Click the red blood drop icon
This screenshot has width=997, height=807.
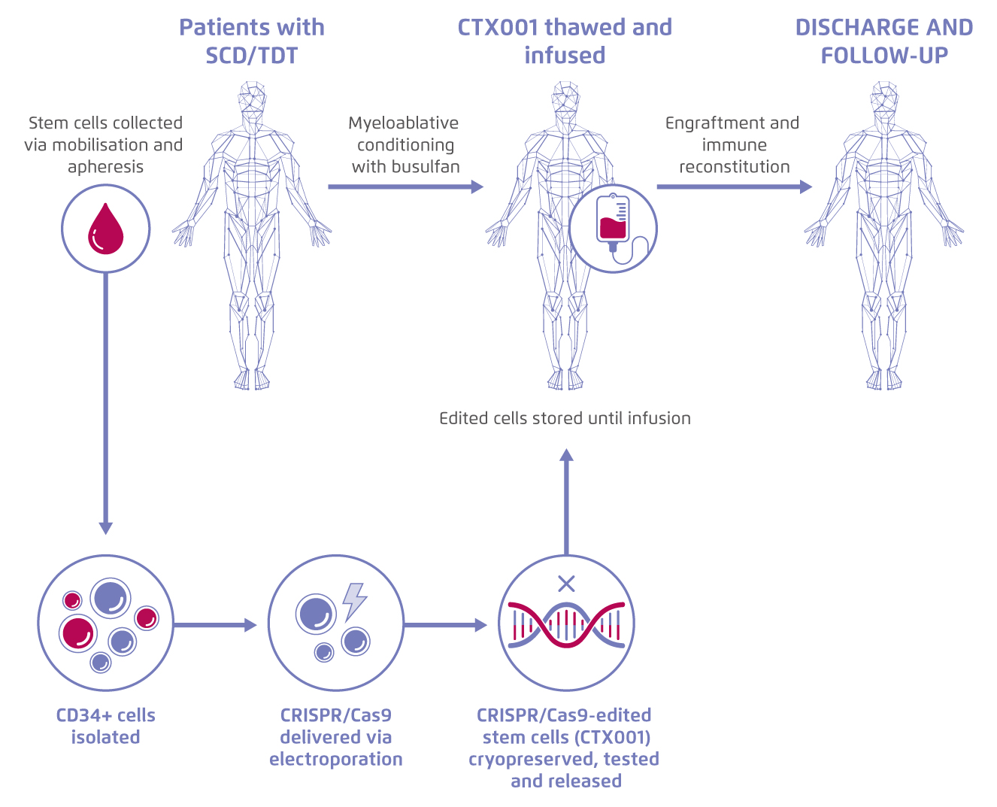pyautogui.click(x=106, y=229)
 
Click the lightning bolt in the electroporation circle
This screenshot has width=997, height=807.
pyautogui.click(x=355, y=602)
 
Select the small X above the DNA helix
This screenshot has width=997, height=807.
pyautogui.click(x=566, y=584)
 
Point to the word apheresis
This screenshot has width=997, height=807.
pyautogui.click(x=106, y=167)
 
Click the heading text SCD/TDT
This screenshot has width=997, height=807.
pyautogui.click(x=252, y=56)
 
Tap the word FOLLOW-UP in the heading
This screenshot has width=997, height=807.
pyautogui.click(x=885, y=56)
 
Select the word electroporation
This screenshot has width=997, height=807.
pyautogui.click(x=335, y=760)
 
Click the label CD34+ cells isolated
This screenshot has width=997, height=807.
pyautogui.click(x=106, y=726)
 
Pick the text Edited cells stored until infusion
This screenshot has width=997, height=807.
pyautogui.click(x=565, y=418)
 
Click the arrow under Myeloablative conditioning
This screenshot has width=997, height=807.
pyautogui.click(x=405, y=187)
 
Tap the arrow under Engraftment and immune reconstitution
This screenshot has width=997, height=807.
pyautogui.click(x=735, y=187)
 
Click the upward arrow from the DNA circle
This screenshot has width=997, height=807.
pyautogui.click(x=566, y=502)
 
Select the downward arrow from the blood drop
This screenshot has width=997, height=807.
pyautogui.click(x=106, y=403)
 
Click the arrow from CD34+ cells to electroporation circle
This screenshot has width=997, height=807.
pyautogui.click(x=215, y=625)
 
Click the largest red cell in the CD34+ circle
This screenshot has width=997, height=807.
pyautogui.click(x=78, y=633)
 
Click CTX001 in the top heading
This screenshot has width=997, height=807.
pyautogui.click(x=497, y=28)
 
